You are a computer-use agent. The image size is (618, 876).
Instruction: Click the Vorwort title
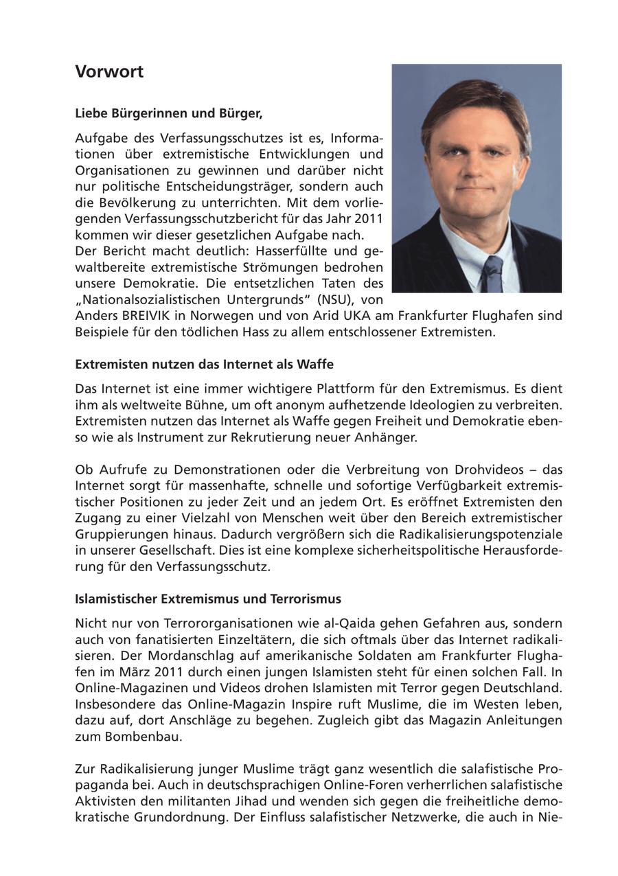pyautogui.click(x=109, y=72)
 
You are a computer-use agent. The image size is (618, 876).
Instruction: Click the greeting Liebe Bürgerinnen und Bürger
pyautogui.click(x=169, y=113)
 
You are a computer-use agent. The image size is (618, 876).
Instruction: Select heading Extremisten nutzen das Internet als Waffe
pyautogui.click(x=204, y=364)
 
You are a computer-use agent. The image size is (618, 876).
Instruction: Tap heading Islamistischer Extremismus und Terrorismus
pyautogui.click(x=207, y=599)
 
